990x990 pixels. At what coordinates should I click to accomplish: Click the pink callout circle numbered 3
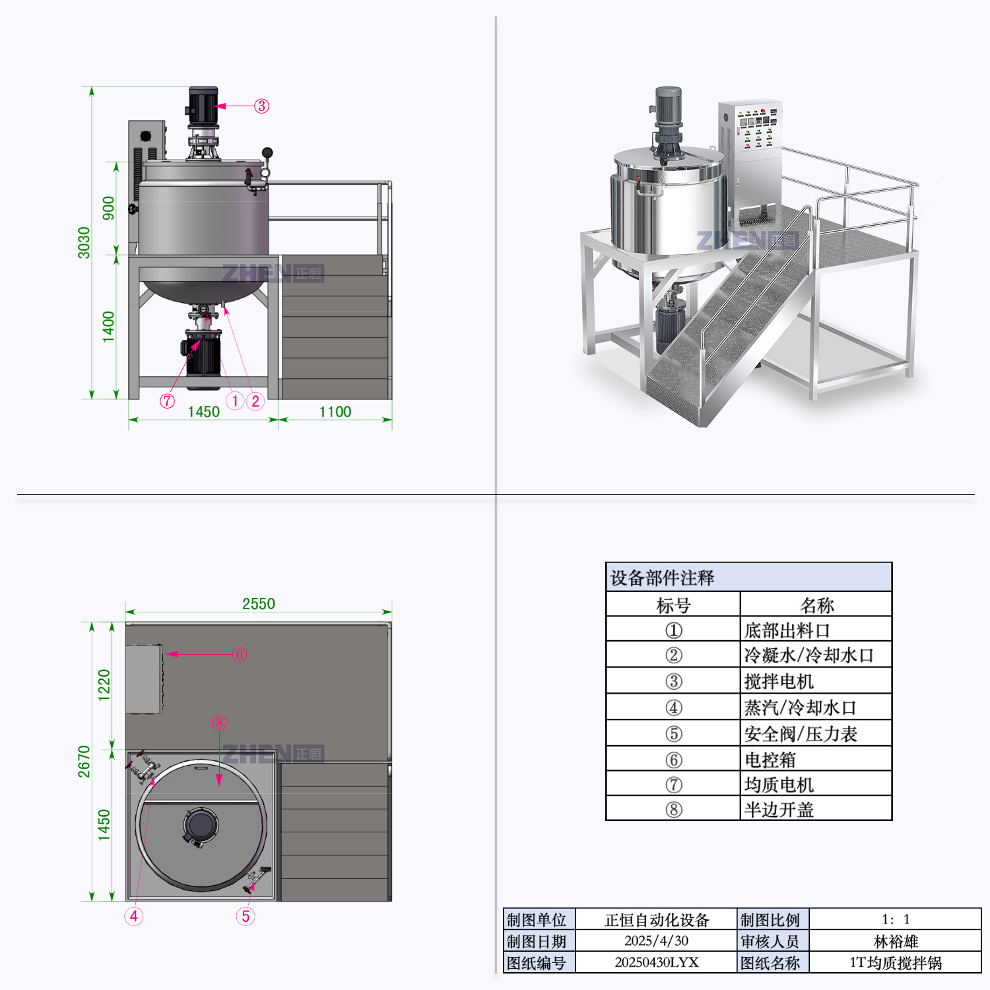tap(262, 106)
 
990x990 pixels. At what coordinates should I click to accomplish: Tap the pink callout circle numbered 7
tap(168, 401)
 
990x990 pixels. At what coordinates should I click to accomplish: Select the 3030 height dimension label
tap(84, 242)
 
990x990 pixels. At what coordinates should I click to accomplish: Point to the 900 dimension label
tap(108, 208)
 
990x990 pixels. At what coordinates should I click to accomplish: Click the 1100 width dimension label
tap(335, 412)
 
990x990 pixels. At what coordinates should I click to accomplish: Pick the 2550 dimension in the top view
tap(259, 604)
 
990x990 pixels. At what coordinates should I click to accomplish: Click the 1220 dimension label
tap(104, 685)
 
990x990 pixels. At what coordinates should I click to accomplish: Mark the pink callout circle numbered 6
tap(240, 654)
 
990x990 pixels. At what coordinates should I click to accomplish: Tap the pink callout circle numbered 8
tap(219, 723)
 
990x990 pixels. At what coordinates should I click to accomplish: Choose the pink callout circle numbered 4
tap(134, 916)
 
